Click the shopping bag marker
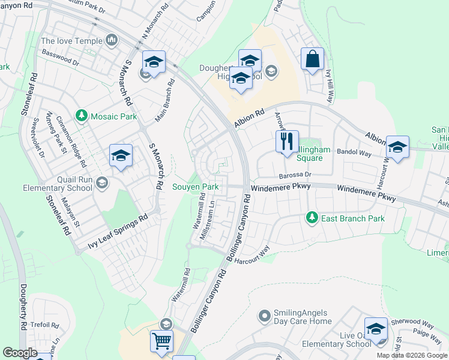[312, 59]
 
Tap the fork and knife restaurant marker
[287, 142]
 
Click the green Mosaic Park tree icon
[82, 115]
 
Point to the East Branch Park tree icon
[311, 217]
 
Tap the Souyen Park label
[196, 187]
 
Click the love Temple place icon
[110, 41]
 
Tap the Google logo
[20, 353]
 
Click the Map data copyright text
[412, 355]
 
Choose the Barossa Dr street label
[296, 175]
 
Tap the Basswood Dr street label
[60, 57]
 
